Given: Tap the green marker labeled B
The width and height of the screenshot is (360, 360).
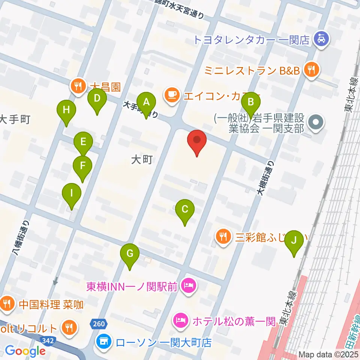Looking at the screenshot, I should [x=251, y=102].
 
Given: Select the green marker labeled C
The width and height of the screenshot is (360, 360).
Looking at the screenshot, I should [x=184, y=209].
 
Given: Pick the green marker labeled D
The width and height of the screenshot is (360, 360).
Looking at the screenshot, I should [x=97, y=99].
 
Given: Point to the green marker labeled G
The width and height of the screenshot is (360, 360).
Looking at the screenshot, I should [x=130, y=254].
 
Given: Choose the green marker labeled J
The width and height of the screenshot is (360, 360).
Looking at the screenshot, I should [x=294, y=240].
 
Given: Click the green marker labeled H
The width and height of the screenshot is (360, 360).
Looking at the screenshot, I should [x=66, y=111].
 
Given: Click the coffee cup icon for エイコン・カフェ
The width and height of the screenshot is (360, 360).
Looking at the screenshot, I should [x=172, y=94].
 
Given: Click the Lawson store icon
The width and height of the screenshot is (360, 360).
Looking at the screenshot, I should [x=103, y=342].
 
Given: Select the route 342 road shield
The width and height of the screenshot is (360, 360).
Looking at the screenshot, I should [x=48, y=340].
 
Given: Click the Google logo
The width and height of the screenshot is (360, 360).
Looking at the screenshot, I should [x=25, y=351].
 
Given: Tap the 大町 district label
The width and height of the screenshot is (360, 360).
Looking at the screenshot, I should [x=142, y=160].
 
